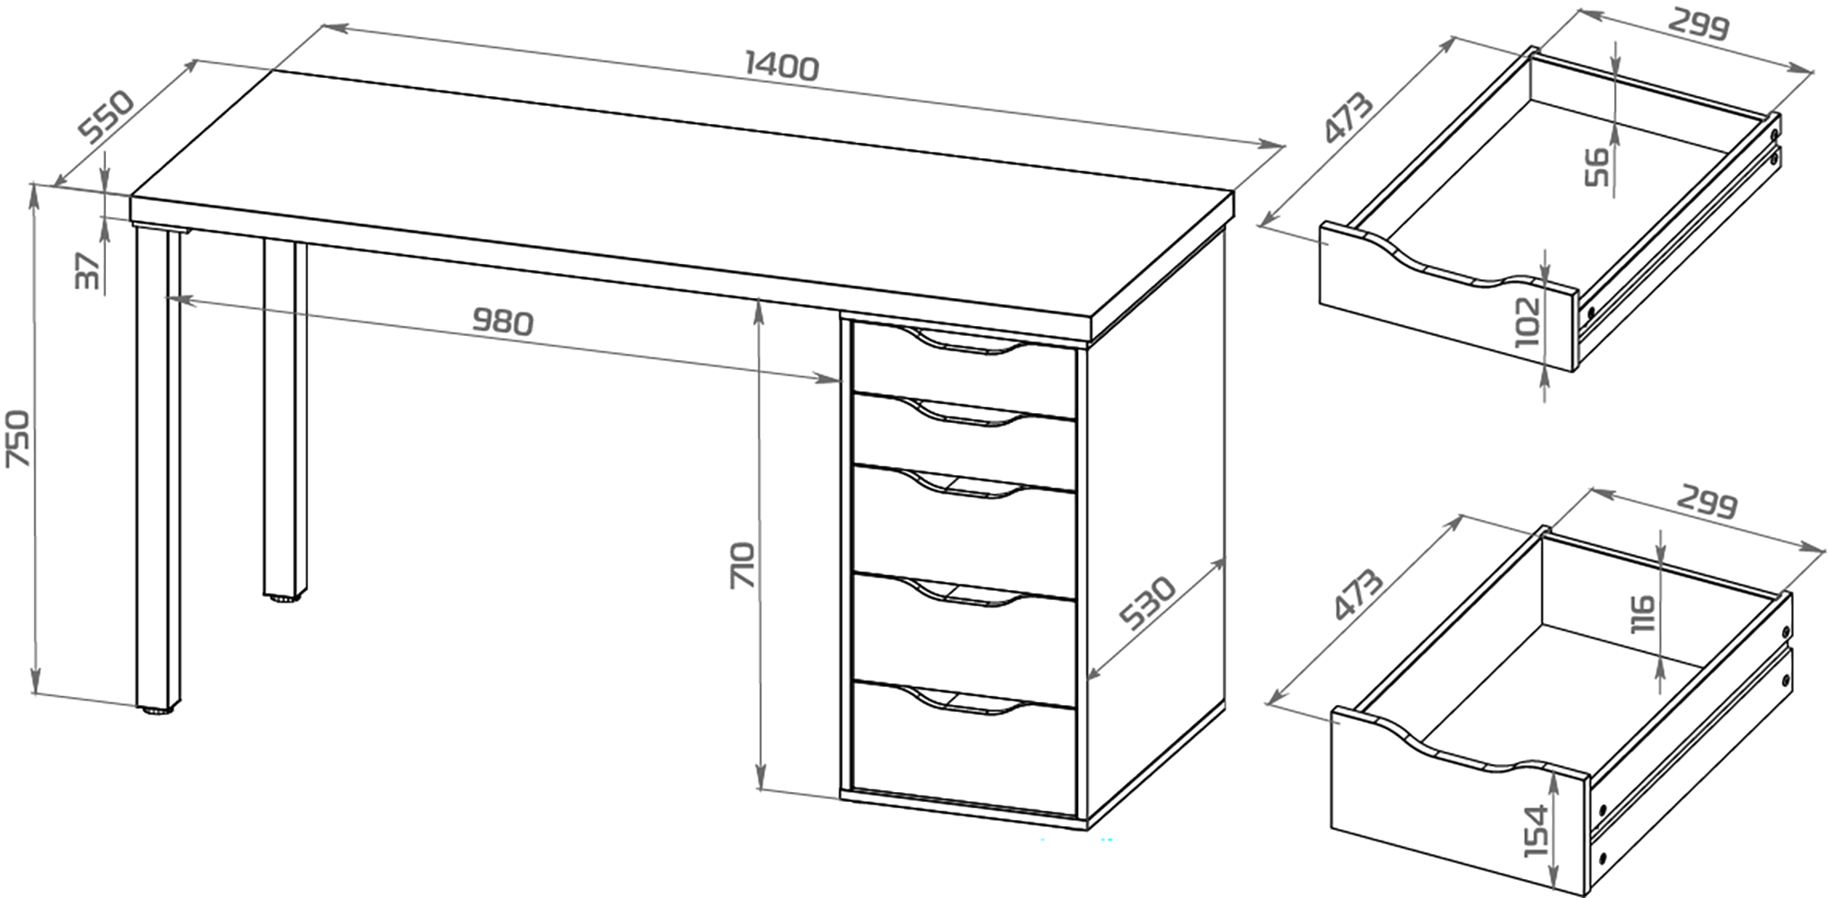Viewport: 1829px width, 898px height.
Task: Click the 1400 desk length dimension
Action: (x=782, y=67)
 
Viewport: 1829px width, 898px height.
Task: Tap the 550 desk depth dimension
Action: (x=106, y=116)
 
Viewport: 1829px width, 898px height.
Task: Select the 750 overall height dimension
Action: (x=19, y=438)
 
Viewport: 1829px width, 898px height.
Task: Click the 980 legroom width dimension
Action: (x=503, y=321)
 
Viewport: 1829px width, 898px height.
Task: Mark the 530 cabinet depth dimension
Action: (x=1147, y=603)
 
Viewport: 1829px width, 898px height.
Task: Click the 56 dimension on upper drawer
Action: (x=1596, y=167)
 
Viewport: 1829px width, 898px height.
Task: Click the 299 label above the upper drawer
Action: (x=1699, y=25)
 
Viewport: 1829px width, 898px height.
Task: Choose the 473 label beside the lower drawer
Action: (x=1357, y=594)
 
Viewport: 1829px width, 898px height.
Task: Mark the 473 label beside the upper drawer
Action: (x=1347, y=117)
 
